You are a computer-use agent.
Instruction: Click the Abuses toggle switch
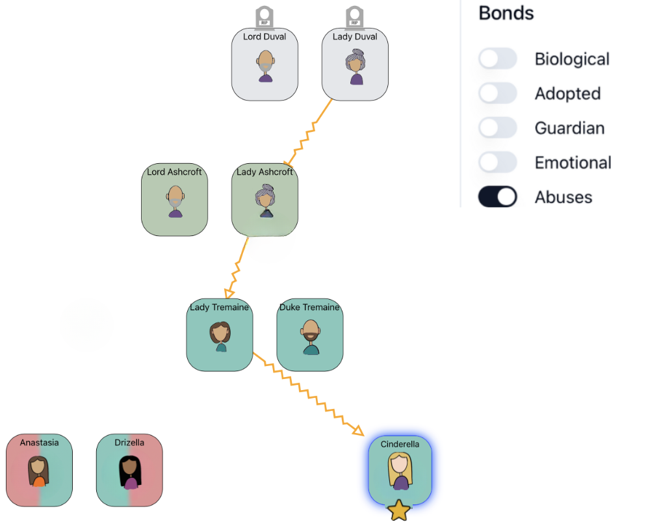(x=498, y=196)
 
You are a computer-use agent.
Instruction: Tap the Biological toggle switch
(x=498, y=59)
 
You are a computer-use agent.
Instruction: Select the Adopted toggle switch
(x=498, y=93)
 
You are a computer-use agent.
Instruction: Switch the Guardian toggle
(x=498, y=127)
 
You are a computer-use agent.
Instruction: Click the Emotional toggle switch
(x=498, y=162)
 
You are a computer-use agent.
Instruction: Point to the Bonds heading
(x=506, y=13)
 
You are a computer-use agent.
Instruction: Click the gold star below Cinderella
(x=398, y=511)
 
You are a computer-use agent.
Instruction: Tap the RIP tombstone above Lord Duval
(x=264, y=16)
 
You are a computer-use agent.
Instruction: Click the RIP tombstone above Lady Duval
(x=354, y=16)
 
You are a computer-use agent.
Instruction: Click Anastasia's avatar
(x=39, y=471)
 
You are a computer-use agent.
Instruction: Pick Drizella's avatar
(x=129, y=471)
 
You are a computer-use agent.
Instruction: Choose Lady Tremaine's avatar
(x=220, y=336)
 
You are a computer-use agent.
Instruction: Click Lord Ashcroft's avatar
(x=175, y=201)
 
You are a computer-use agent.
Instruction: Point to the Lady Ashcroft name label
(x=265, y=172)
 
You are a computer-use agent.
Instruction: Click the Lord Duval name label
(x=265, y=37)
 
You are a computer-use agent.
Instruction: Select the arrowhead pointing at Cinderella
(x=358, y=430)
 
